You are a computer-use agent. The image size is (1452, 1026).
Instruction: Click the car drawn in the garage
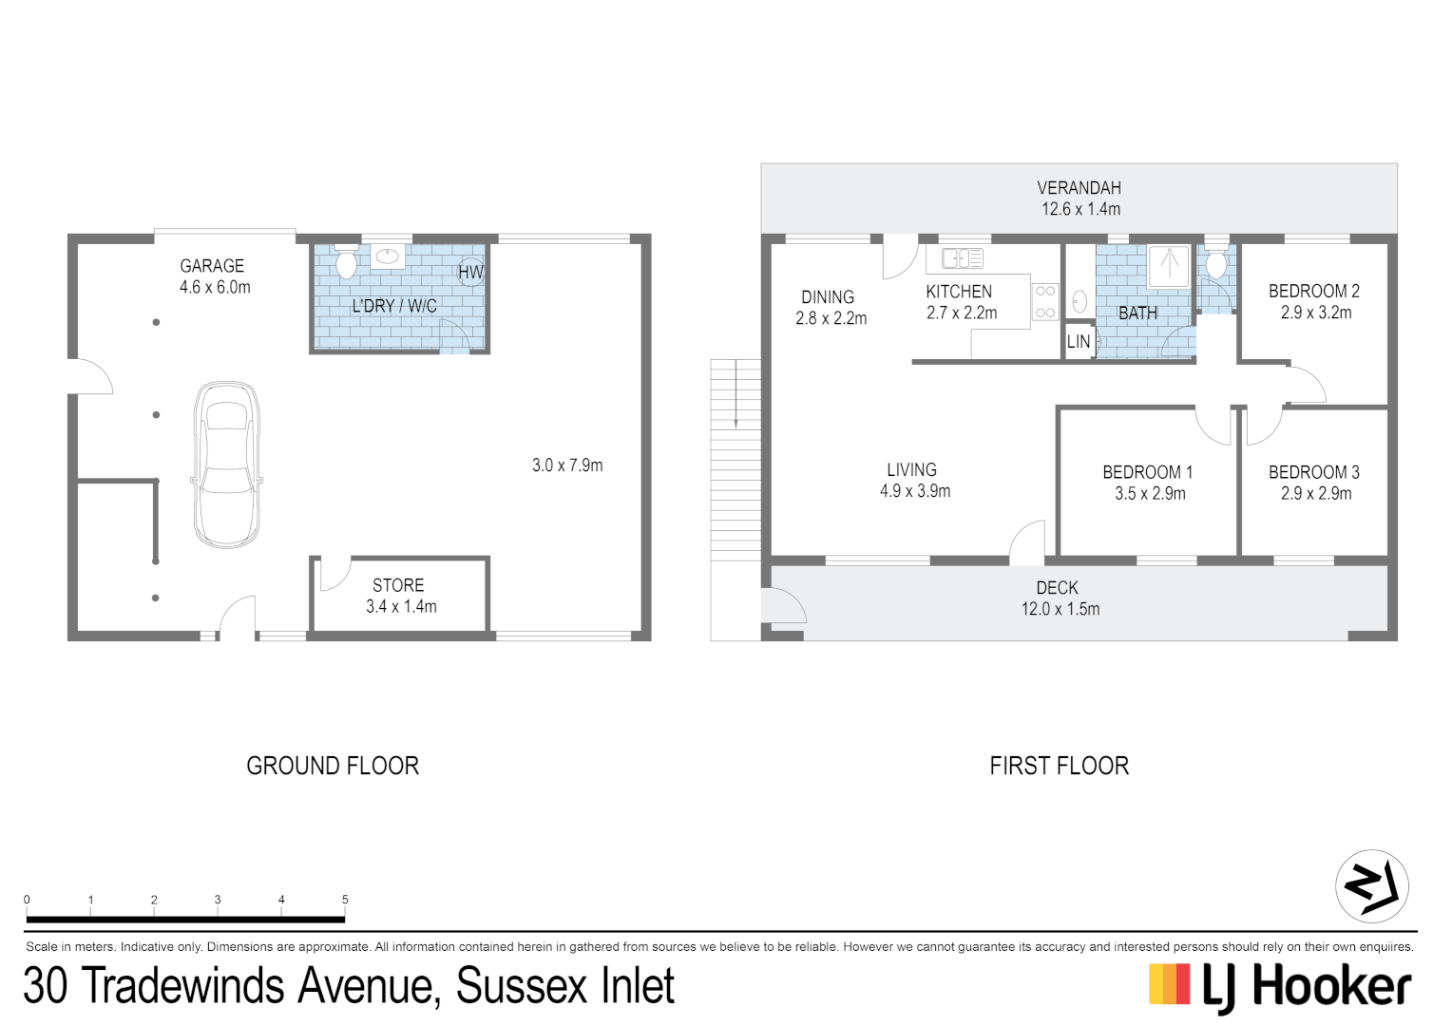pos(227,465)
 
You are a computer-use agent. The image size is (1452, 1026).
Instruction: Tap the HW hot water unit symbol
pos(470,273)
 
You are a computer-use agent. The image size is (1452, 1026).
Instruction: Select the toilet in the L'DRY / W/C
pos(347,262)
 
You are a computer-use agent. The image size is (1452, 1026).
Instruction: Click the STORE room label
pos(398,585)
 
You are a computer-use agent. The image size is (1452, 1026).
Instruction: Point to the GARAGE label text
pos(212,266)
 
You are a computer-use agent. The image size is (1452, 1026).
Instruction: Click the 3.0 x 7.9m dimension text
pos(567,465)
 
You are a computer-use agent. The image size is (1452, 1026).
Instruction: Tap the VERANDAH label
pos(1079,188)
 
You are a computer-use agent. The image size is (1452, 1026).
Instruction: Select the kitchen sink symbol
pos(962,257)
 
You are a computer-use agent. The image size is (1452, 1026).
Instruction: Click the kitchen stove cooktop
pos(1045,302)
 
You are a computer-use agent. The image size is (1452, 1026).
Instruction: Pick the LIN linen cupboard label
pos(1079,342)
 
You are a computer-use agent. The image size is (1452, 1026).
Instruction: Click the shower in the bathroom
pos(1169,265)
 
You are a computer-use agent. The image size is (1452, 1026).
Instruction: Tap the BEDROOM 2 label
pos(1314,292)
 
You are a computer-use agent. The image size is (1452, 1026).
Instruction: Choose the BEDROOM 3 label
pos(1314,472)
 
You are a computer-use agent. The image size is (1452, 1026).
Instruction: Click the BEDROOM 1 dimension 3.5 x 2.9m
pos(1150,494)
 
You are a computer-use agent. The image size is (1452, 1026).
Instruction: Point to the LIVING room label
pos(912,470)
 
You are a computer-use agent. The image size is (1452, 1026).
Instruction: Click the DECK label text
pos(1058,588)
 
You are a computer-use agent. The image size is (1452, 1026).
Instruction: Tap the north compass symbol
pos(1371,885)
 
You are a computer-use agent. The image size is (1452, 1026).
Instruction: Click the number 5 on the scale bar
pos(345,900)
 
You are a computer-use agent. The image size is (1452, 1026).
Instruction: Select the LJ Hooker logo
pos(1280,987)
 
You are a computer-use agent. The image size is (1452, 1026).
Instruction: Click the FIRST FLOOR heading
pos(1059,766)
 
